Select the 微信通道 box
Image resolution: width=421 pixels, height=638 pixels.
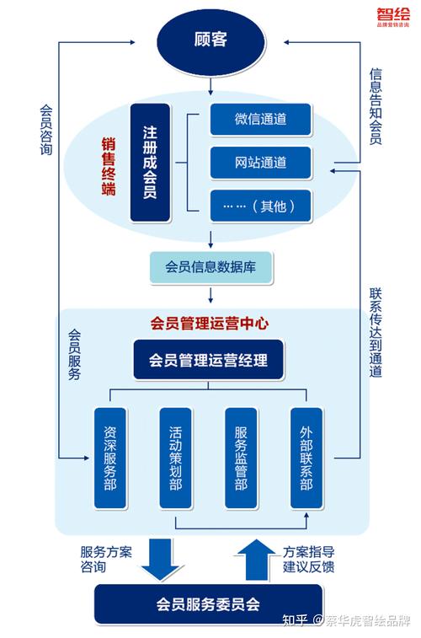260,119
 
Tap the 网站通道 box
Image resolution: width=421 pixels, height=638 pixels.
260,161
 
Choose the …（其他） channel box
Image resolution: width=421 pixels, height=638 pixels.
260,205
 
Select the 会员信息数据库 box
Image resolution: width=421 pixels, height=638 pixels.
210,267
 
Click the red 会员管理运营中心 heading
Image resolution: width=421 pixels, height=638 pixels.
209,322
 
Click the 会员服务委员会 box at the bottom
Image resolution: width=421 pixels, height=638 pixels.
207,603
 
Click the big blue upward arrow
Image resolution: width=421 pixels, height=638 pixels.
252,559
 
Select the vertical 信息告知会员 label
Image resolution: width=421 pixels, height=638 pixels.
376,106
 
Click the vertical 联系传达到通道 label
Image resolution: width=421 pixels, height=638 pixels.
376,333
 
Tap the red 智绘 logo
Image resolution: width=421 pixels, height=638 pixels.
388,13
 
